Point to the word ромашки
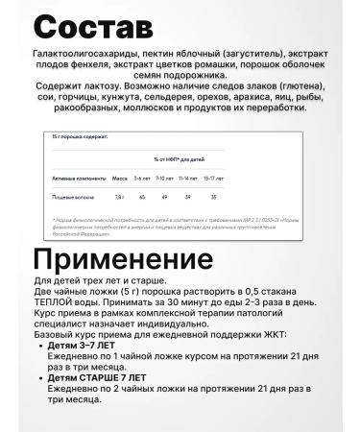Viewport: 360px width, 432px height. tap(201, 70)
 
